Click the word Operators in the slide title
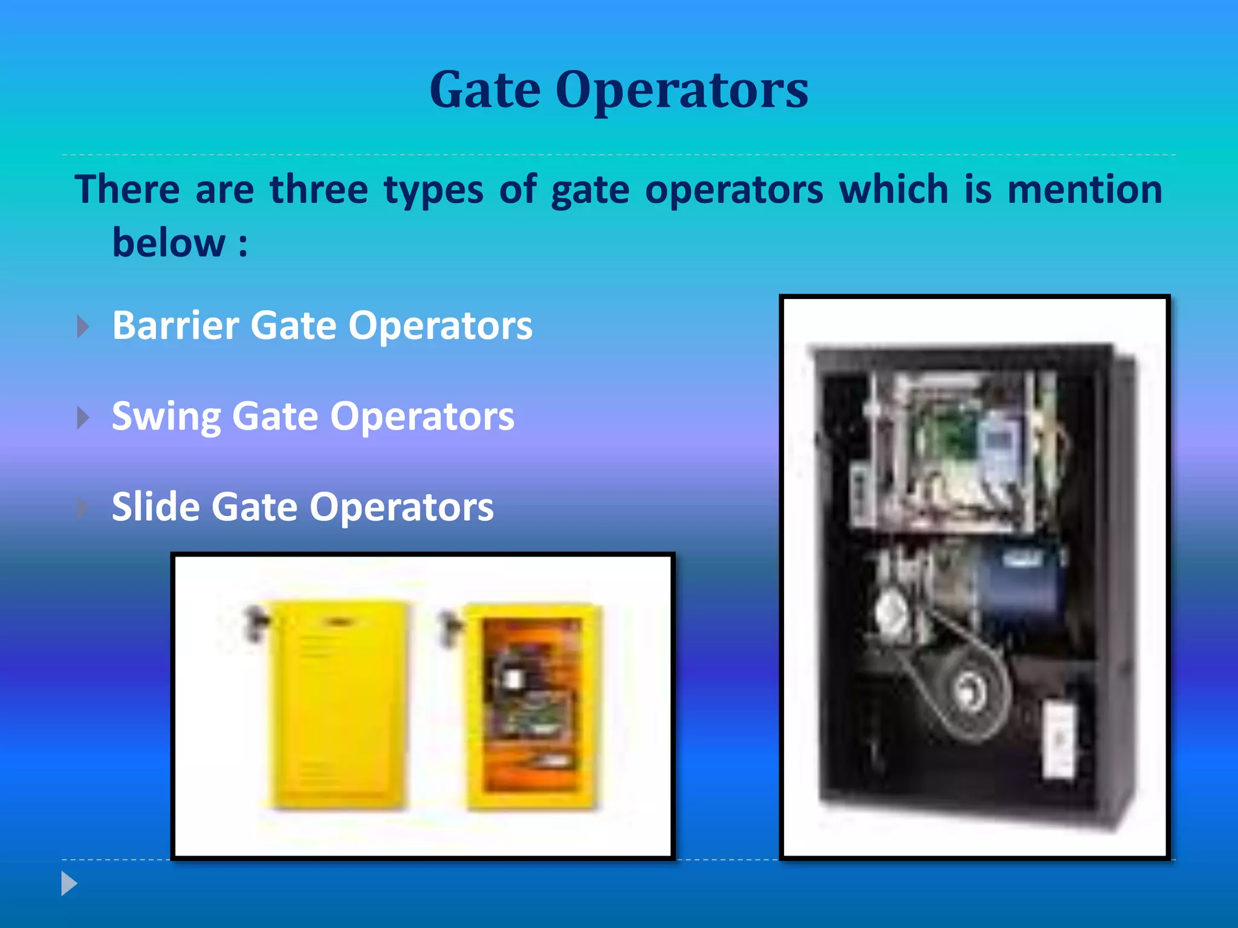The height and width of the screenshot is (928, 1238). [682, 91]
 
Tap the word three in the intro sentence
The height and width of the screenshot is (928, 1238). [319, 189]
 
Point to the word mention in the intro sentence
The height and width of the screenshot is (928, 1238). [1085, 189]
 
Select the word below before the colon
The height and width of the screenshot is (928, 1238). [169, 243]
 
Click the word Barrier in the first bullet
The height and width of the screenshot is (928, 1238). [175, 326]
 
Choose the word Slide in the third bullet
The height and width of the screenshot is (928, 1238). [155, 507]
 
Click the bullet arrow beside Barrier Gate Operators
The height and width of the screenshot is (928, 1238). [83, 327]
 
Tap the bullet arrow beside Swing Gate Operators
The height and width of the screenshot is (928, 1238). [83, 417]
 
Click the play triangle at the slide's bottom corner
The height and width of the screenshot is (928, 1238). [69, 884]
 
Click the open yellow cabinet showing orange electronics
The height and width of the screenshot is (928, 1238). [532, 704]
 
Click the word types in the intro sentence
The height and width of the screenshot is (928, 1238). [433, 189]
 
